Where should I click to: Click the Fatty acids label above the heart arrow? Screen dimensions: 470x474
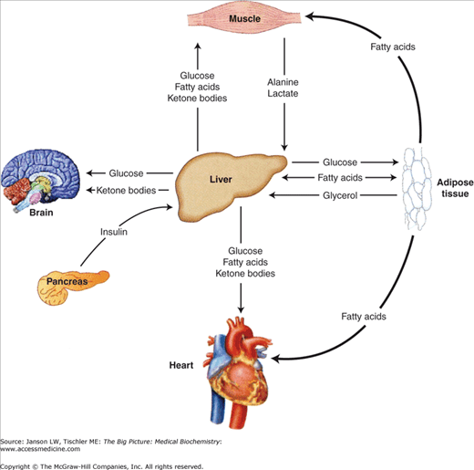click(362, 316)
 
